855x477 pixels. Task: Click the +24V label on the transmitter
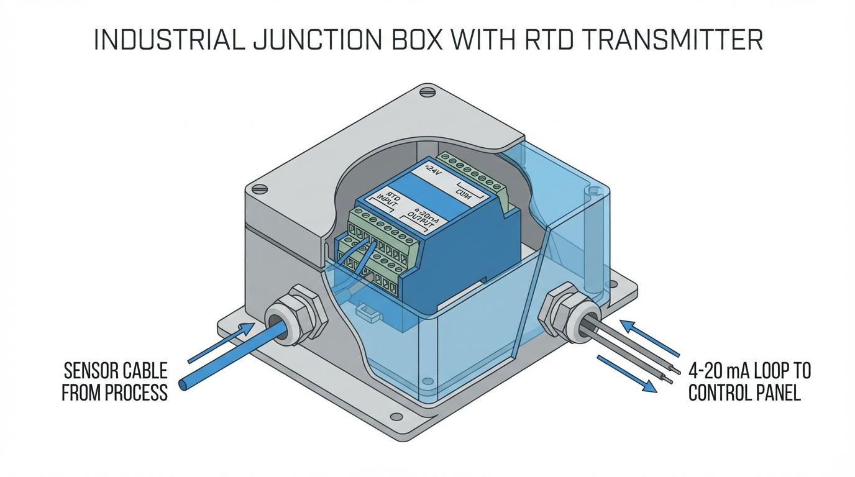coord(431,170)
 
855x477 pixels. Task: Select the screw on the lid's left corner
coord(260,189)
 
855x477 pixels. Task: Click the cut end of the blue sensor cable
coord(183,384)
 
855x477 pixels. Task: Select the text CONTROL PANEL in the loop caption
coord(744,393)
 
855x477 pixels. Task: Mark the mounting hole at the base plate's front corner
coord(396,417)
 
